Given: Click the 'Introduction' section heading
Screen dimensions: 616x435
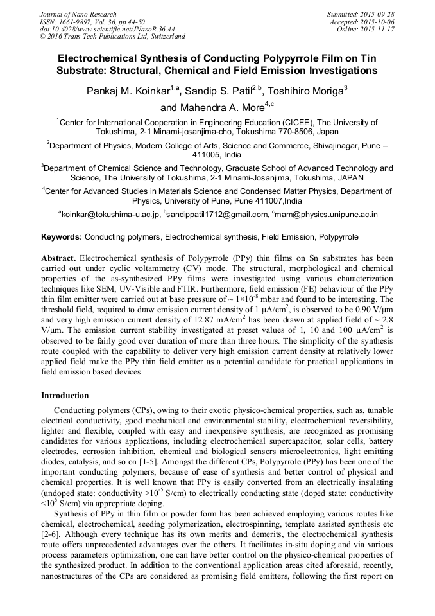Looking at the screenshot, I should (65, 396).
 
